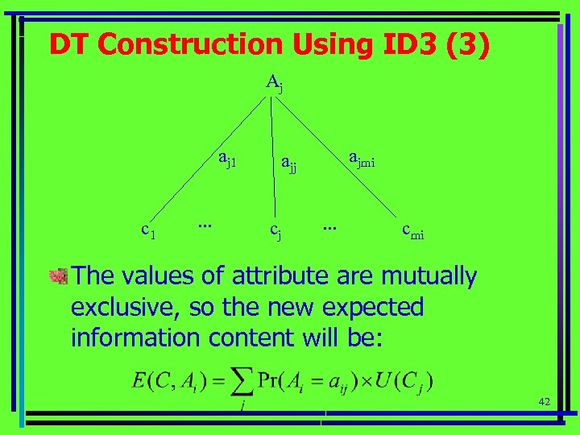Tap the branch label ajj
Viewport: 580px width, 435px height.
tap(288, 165)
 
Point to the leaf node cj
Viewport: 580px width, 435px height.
tap(275, 233)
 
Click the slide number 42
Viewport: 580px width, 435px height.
tap(544, 400)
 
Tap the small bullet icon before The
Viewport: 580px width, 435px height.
tap(59, 277)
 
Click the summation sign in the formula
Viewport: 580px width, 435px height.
tap(242, 380)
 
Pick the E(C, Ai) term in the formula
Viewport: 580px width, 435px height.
tap(167, 380)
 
